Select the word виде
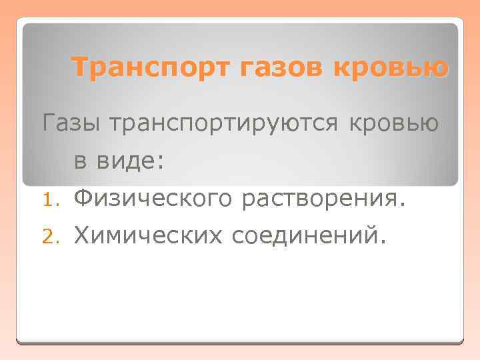tap(127, 161)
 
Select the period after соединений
tap(382, 241)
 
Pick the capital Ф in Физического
tap(83, 197)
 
